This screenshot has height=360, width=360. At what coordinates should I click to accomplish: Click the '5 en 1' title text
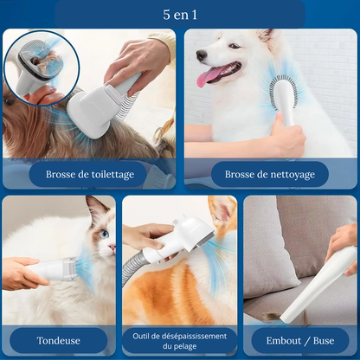click(x=180, y=15)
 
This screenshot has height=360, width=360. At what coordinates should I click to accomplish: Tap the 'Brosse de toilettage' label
click(x=90, y=175)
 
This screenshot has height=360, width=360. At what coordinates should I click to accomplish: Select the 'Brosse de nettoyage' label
click(x=270, y=175)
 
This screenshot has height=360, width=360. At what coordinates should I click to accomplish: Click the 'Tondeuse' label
click(x=59, y=341)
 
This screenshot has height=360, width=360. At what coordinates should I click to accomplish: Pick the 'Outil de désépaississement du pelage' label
click(x=180, y=341)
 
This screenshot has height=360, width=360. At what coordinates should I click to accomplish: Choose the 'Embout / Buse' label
click(x=300, y=341)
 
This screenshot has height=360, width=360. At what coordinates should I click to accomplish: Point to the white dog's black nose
click(x=201, y=55)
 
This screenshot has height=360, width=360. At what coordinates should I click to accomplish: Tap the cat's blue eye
click(x=104, y=234)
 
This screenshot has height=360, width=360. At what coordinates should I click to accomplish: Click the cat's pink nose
click(x=112, y=247)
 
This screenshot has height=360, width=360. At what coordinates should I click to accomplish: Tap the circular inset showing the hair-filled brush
click(x=42, y=67)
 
